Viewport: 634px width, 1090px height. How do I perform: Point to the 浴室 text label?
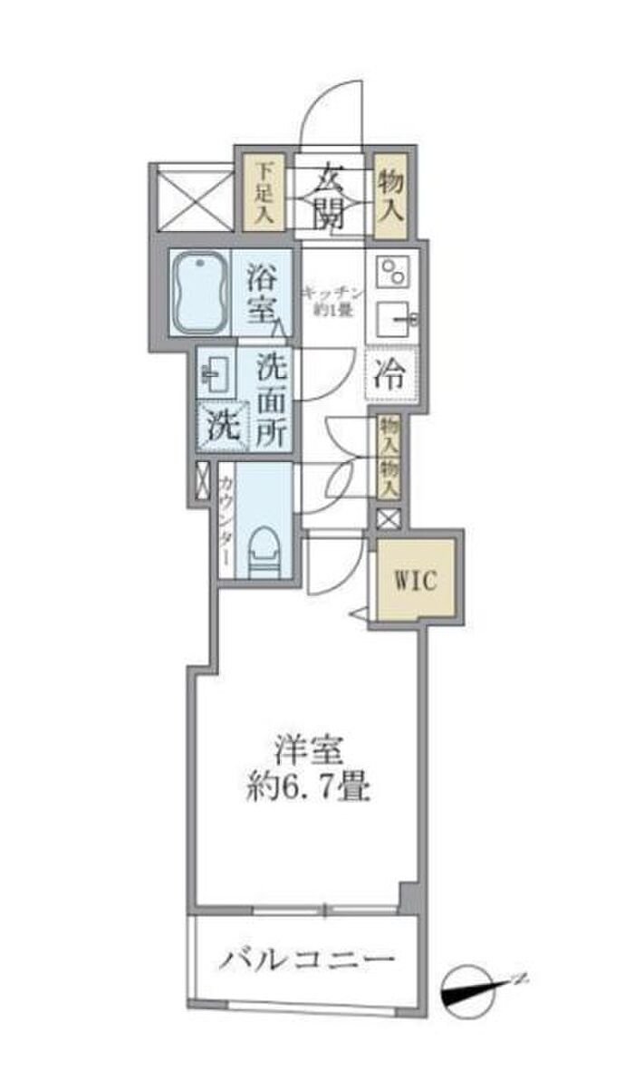(x=263, y=291)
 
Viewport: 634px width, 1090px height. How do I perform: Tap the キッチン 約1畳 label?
(x=332, y=300)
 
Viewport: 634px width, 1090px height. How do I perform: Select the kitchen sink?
(x=396, y=321)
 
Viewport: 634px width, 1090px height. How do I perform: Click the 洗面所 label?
(x=269, y=400)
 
